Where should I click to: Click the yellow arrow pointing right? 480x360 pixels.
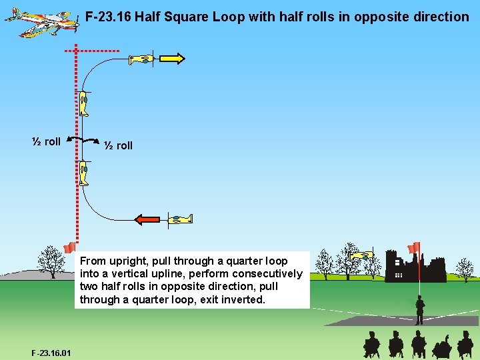point(171,59)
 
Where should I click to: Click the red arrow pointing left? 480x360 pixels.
point(147,219)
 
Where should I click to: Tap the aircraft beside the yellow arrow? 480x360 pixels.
point(142,59)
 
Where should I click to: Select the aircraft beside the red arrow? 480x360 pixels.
point(179,219)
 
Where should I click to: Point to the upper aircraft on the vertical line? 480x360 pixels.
point(84,103)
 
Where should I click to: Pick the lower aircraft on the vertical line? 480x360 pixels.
point(84,173)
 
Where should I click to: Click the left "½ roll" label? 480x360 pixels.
point(47,141)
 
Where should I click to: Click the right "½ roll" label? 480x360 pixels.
point(118,145)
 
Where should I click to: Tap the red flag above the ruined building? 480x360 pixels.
point(414,248)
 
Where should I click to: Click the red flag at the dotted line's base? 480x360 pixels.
point(69,248)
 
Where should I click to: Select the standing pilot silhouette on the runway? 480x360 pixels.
point(419,311)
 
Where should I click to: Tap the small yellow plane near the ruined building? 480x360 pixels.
point(361,255)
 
